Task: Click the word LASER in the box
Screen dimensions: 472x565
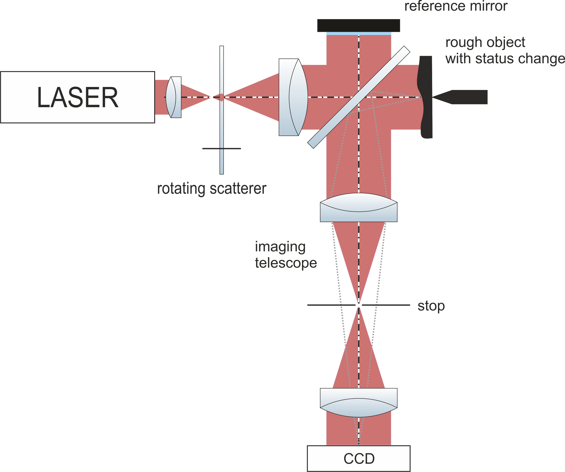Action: click(77, 97)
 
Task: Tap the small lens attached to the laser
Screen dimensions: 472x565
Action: click(174, 97)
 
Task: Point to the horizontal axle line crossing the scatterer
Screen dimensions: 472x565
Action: click(210, 148)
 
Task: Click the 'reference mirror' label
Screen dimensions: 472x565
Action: click(456, 6)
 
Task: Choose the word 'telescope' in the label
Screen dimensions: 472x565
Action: click(286, 263)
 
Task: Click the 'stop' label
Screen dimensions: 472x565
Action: click(431, 306)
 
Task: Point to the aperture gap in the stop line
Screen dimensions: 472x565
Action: click(359, 305)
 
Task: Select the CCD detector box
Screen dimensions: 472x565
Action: click(358, 459)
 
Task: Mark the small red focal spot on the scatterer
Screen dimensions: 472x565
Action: click(221, 97)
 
